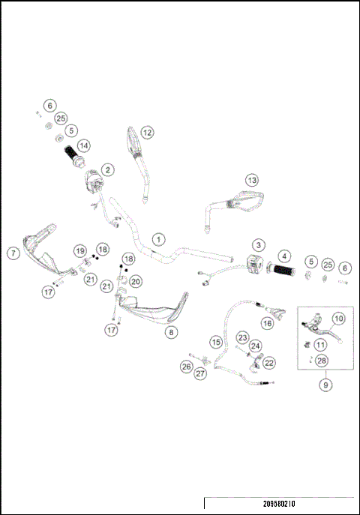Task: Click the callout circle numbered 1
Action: [x=158, y=239]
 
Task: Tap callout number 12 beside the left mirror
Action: [x=147, y=132]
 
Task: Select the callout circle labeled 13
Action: [x=252, y=180]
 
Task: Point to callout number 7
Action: [x=13, y=253]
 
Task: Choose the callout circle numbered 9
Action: [x=325, y=385]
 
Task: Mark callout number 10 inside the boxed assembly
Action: [x=338, y=319]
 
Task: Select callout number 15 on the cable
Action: [x=216, y=342]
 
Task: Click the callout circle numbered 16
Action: [x=267, y=324]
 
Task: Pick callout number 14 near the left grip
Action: [x=84, y=145]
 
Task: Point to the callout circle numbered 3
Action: [x=257, y=245]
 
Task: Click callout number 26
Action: [x=186, y=367]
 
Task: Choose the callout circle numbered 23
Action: [x=242, y=337]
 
